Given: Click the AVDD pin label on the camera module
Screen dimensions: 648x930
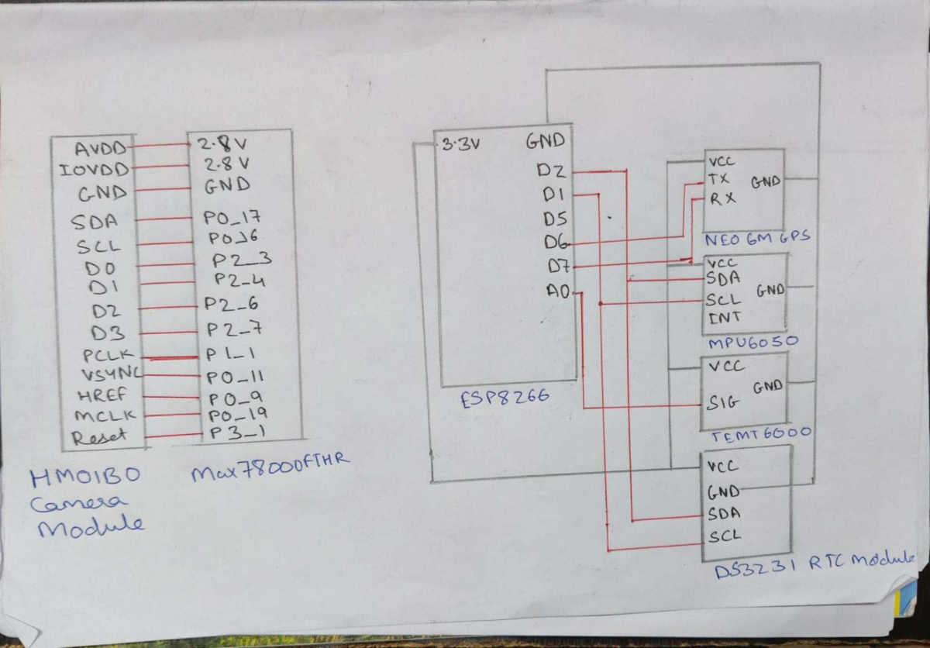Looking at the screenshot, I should [100, 147].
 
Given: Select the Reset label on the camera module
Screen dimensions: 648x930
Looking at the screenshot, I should [99, 437].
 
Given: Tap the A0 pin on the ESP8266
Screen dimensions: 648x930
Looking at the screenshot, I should [557, 291].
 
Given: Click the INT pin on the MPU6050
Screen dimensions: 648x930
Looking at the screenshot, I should [724, 317].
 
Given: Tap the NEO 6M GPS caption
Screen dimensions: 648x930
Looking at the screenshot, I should [757, 238].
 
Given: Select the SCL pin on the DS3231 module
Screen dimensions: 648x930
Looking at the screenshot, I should [724, 535].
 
